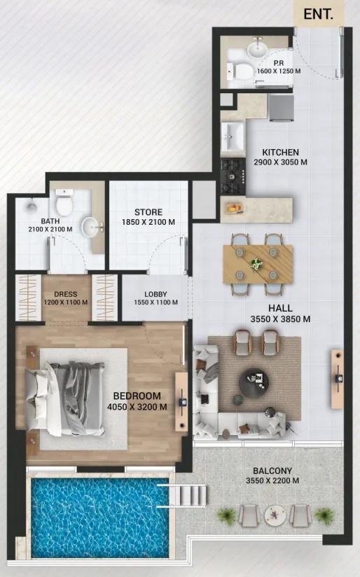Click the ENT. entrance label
[318, 14]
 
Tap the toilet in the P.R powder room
[240, 71]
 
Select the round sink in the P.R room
[257, 48]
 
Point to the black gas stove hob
[233, 176]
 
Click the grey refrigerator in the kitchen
[282, 107]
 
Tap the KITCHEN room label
[280, 152]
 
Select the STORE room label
[148, 212]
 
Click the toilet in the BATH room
[64, 202]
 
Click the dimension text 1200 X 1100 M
[66, 303]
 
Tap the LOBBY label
[155, 294]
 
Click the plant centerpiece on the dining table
[256, 263]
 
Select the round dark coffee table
[254, 383]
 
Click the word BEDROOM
[137, 396]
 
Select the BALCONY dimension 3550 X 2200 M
[272, 480]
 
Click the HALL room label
[280, 308]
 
